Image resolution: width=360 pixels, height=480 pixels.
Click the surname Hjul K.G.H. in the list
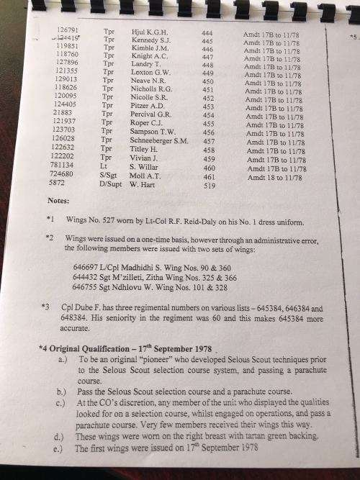coord(148,32)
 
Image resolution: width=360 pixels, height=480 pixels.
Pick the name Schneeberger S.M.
coord(158,141)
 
